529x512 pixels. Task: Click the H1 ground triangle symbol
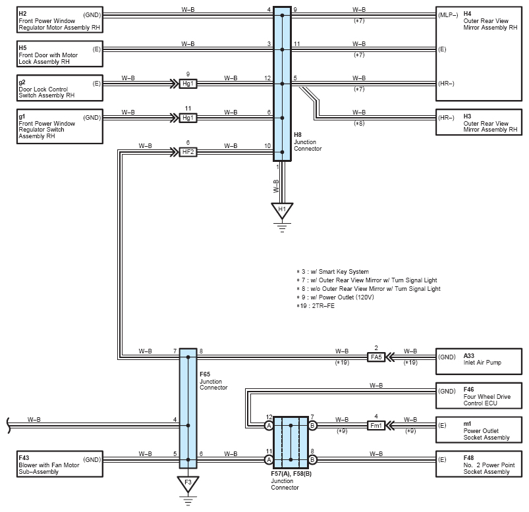(282, 211)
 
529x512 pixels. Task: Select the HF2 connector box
(188, 152)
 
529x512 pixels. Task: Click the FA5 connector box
(376, 357)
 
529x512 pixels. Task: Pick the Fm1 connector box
(376, 426)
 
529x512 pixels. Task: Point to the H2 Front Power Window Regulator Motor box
(60, 20)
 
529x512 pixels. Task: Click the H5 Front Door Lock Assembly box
(60, 54)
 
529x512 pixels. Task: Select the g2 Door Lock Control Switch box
(60, 88)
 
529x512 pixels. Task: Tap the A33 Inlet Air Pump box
(479, 362)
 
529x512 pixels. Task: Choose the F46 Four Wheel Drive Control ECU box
(479, 396)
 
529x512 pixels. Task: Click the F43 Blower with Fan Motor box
(60, 464)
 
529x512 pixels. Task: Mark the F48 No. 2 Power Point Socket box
(479, 464)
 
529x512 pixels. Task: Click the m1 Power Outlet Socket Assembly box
(479, 430)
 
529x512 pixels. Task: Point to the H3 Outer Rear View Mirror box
(479, 122)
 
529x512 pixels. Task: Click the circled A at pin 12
(269, 426)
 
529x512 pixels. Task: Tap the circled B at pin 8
(312, 459)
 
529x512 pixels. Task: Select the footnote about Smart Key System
(333, 272)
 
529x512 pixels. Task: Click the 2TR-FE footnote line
(316, 306)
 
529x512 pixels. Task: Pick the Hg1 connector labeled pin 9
(188, 84)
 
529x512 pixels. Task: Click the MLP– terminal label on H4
(448, 15)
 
